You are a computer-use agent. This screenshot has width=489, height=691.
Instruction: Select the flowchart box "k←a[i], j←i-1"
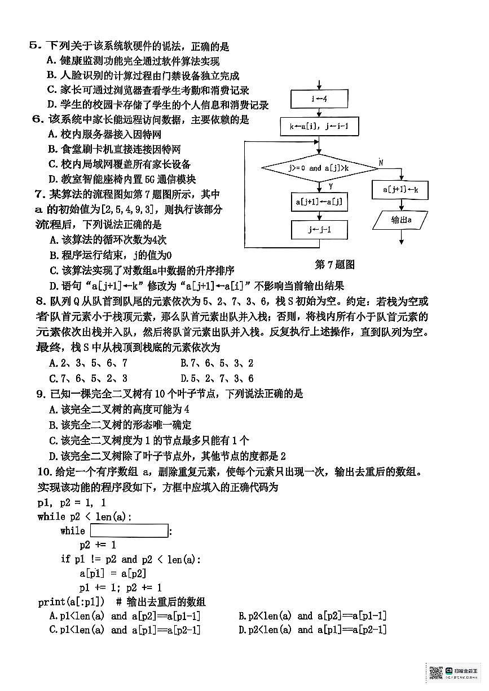tap(319, 127)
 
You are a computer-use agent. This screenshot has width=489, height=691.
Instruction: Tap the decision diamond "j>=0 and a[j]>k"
tap(319, 168)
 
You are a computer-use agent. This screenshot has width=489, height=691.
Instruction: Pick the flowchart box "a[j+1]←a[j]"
tap(319, 202)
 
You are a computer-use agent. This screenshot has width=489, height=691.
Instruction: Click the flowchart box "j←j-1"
tap(319, 230)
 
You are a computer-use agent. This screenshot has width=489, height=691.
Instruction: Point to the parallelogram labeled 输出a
tap(400, 220)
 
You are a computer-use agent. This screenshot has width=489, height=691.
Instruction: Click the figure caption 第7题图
tap(334, 264)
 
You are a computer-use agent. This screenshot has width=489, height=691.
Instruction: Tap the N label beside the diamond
tap(381, 162)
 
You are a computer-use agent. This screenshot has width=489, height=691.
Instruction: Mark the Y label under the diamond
tap(331, 186)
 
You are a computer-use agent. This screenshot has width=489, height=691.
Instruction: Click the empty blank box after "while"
tap(129, 530)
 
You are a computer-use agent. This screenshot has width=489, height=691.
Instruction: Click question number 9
tap(41, 394)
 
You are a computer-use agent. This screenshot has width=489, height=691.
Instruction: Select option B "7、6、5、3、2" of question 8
tap(217, 363)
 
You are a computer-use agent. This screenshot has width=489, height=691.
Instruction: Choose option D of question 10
tap(312, 630)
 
